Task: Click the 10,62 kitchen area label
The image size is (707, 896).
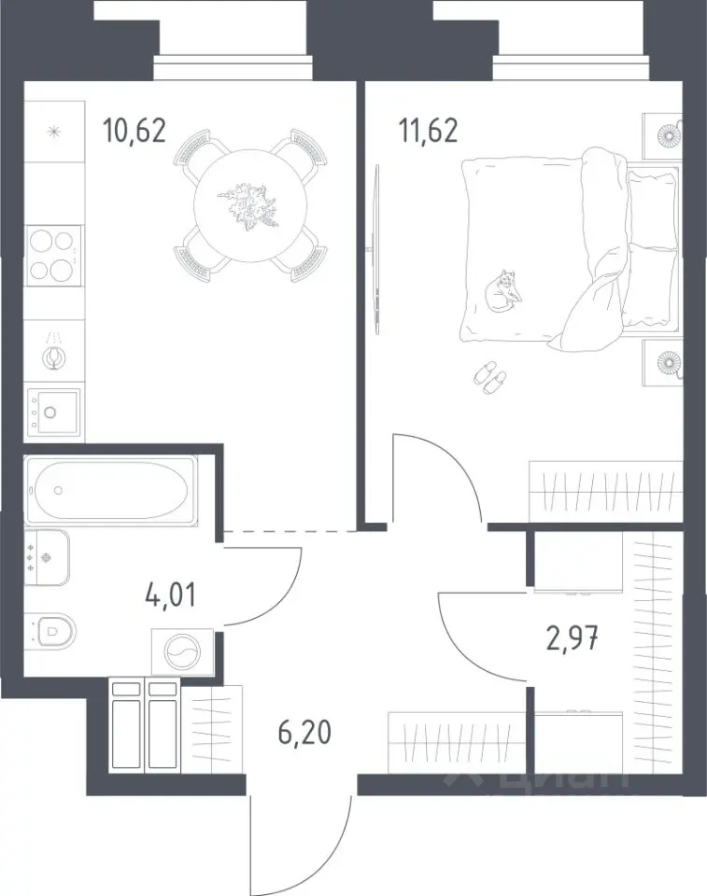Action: [134, 131]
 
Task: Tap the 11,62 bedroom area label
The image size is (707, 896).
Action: [429, 131]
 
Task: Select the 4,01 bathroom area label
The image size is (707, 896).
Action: [171, 595]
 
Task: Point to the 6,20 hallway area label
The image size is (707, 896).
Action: [304, 732]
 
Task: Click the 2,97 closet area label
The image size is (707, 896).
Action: [573, 638]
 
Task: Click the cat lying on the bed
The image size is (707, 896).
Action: [503, 290]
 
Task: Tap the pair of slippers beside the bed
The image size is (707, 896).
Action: [490, 378]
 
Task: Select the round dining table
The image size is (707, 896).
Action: [250, 205]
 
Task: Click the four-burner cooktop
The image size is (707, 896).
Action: [54, 256]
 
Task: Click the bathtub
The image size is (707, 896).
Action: [111, 490]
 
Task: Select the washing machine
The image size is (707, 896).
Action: [182, 652]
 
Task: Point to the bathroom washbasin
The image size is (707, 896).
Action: [47, 557]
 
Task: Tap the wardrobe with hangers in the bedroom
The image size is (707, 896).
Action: [606, 491]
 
